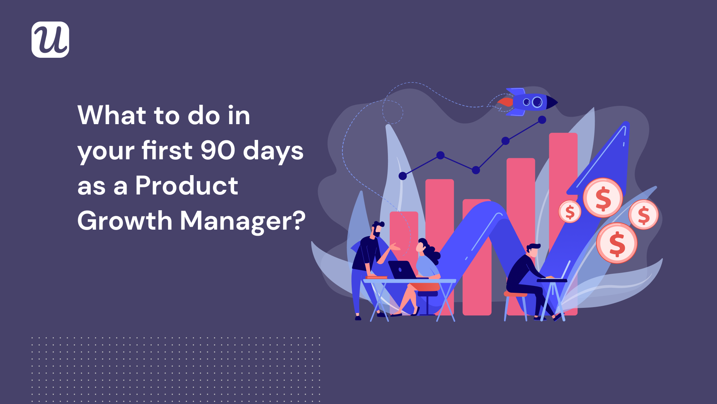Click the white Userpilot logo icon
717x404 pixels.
click(50, 39)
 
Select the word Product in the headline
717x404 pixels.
click(186, 185)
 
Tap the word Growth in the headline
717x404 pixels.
click(125, 220)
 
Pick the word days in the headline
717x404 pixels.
click(273, 151)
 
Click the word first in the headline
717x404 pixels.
click(167, 150)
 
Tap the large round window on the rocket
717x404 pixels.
click(537, 102)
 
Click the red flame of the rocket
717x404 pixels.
click(505, 102)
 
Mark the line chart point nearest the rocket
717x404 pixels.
click(542, 120)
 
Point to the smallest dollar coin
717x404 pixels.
click(570, 212)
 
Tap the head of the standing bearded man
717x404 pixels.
click(377, 229)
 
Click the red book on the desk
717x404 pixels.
click(376, 277)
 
